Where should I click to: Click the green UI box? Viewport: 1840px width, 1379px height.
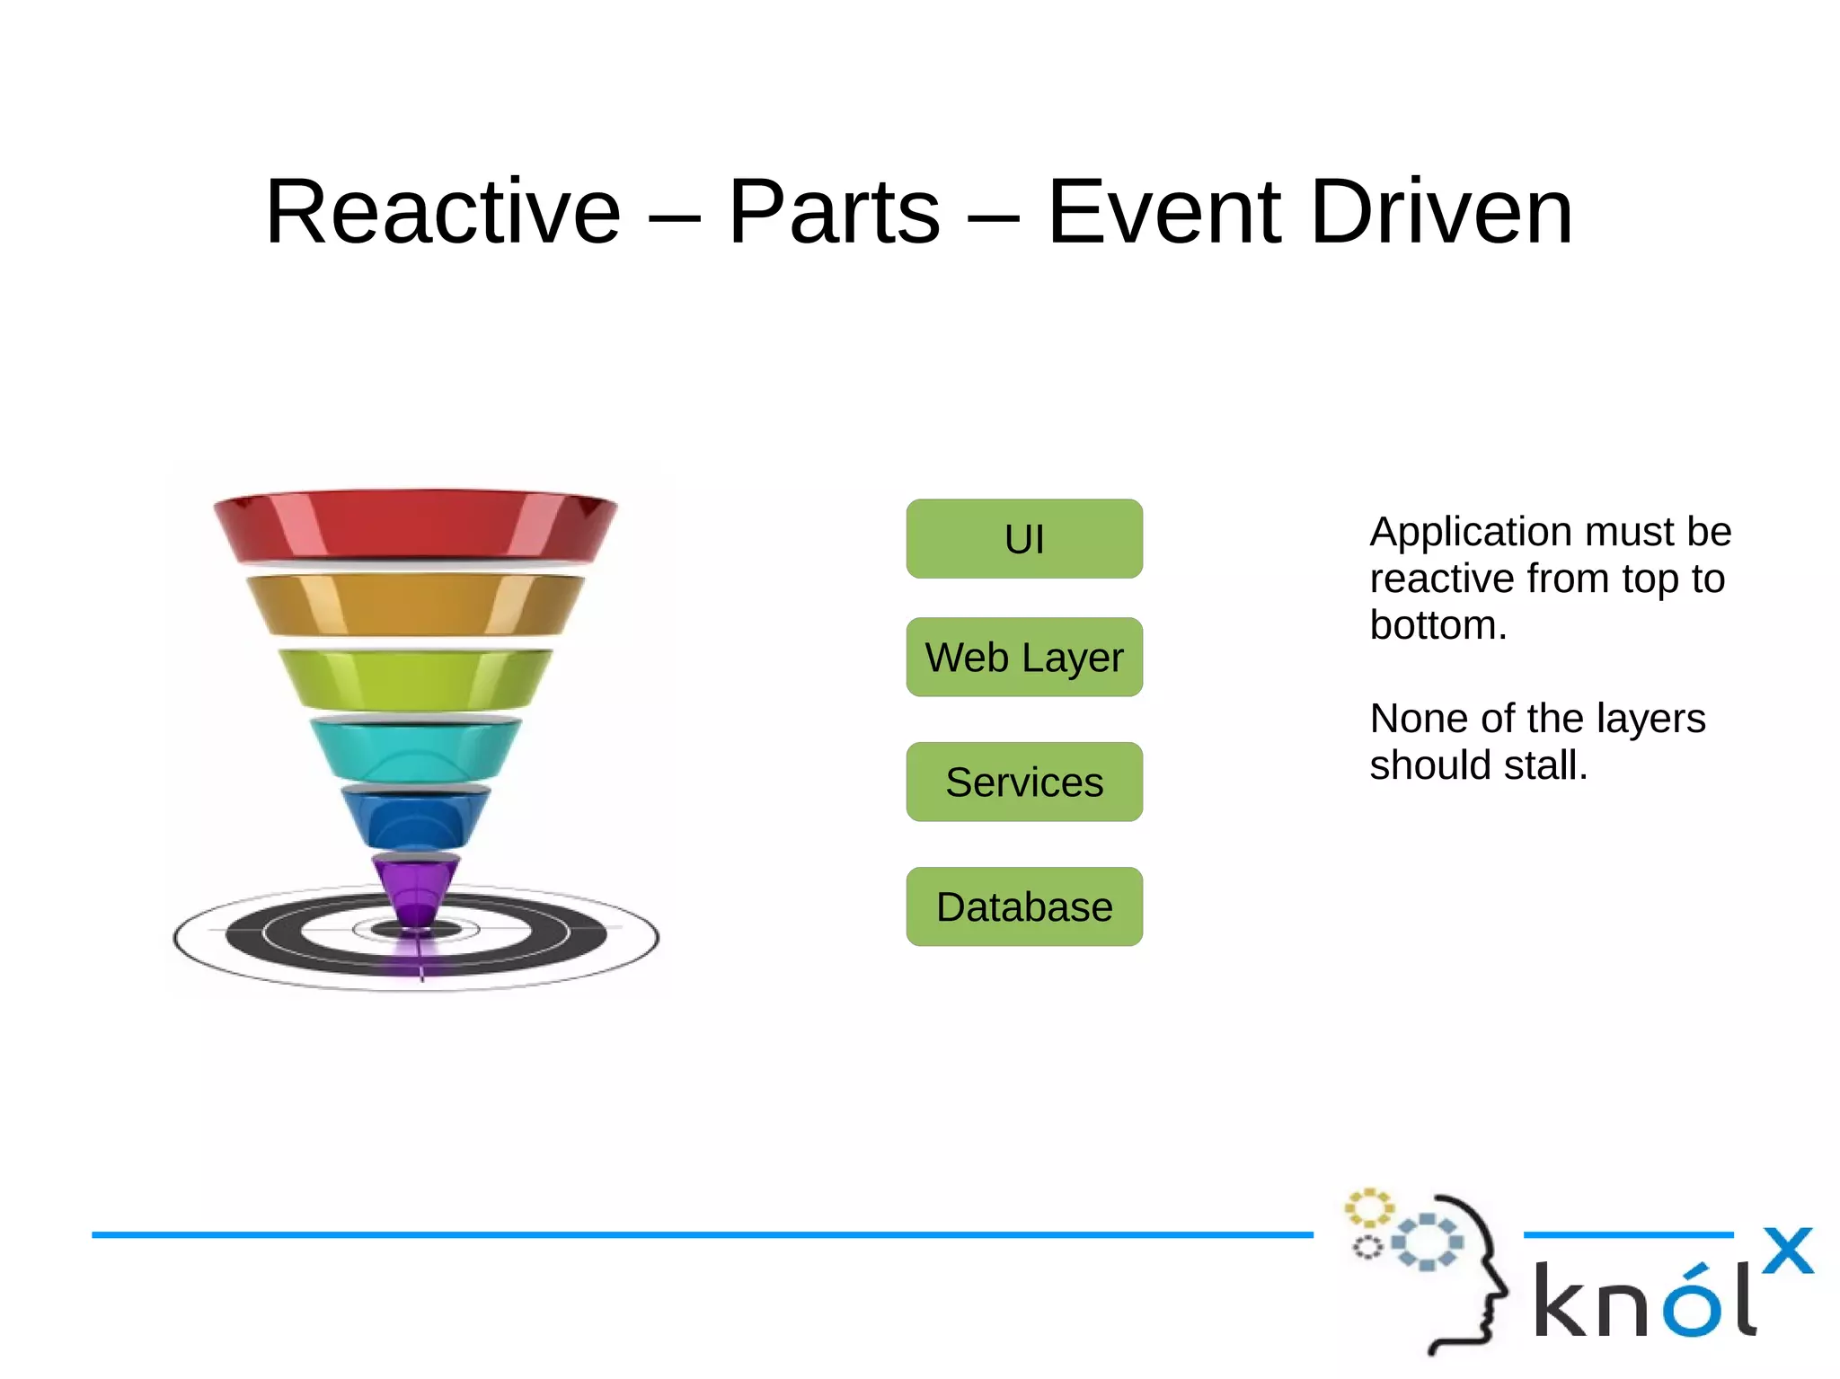[1024, 539]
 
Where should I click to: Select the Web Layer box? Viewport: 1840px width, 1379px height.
[1024, 657]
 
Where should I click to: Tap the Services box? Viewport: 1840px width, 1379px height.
[1024, 782]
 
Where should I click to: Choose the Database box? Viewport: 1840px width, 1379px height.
[1024, 906]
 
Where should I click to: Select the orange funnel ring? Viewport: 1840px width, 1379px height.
[415, 605]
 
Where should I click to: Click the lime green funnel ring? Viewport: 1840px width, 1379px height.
[415, 679]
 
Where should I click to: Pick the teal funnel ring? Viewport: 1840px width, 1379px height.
[415, 749]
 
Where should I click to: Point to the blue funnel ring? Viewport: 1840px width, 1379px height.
[415, 817]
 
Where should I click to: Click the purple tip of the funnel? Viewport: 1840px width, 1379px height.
[416, 889]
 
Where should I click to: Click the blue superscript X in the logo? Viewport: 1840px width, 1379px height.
[1787, 1251]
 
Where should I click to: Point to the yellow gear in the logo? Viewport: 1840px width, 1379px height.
[1368, 1208]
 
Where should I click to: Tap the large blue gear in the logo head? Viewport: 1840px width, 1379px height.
[1428, 1242]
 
